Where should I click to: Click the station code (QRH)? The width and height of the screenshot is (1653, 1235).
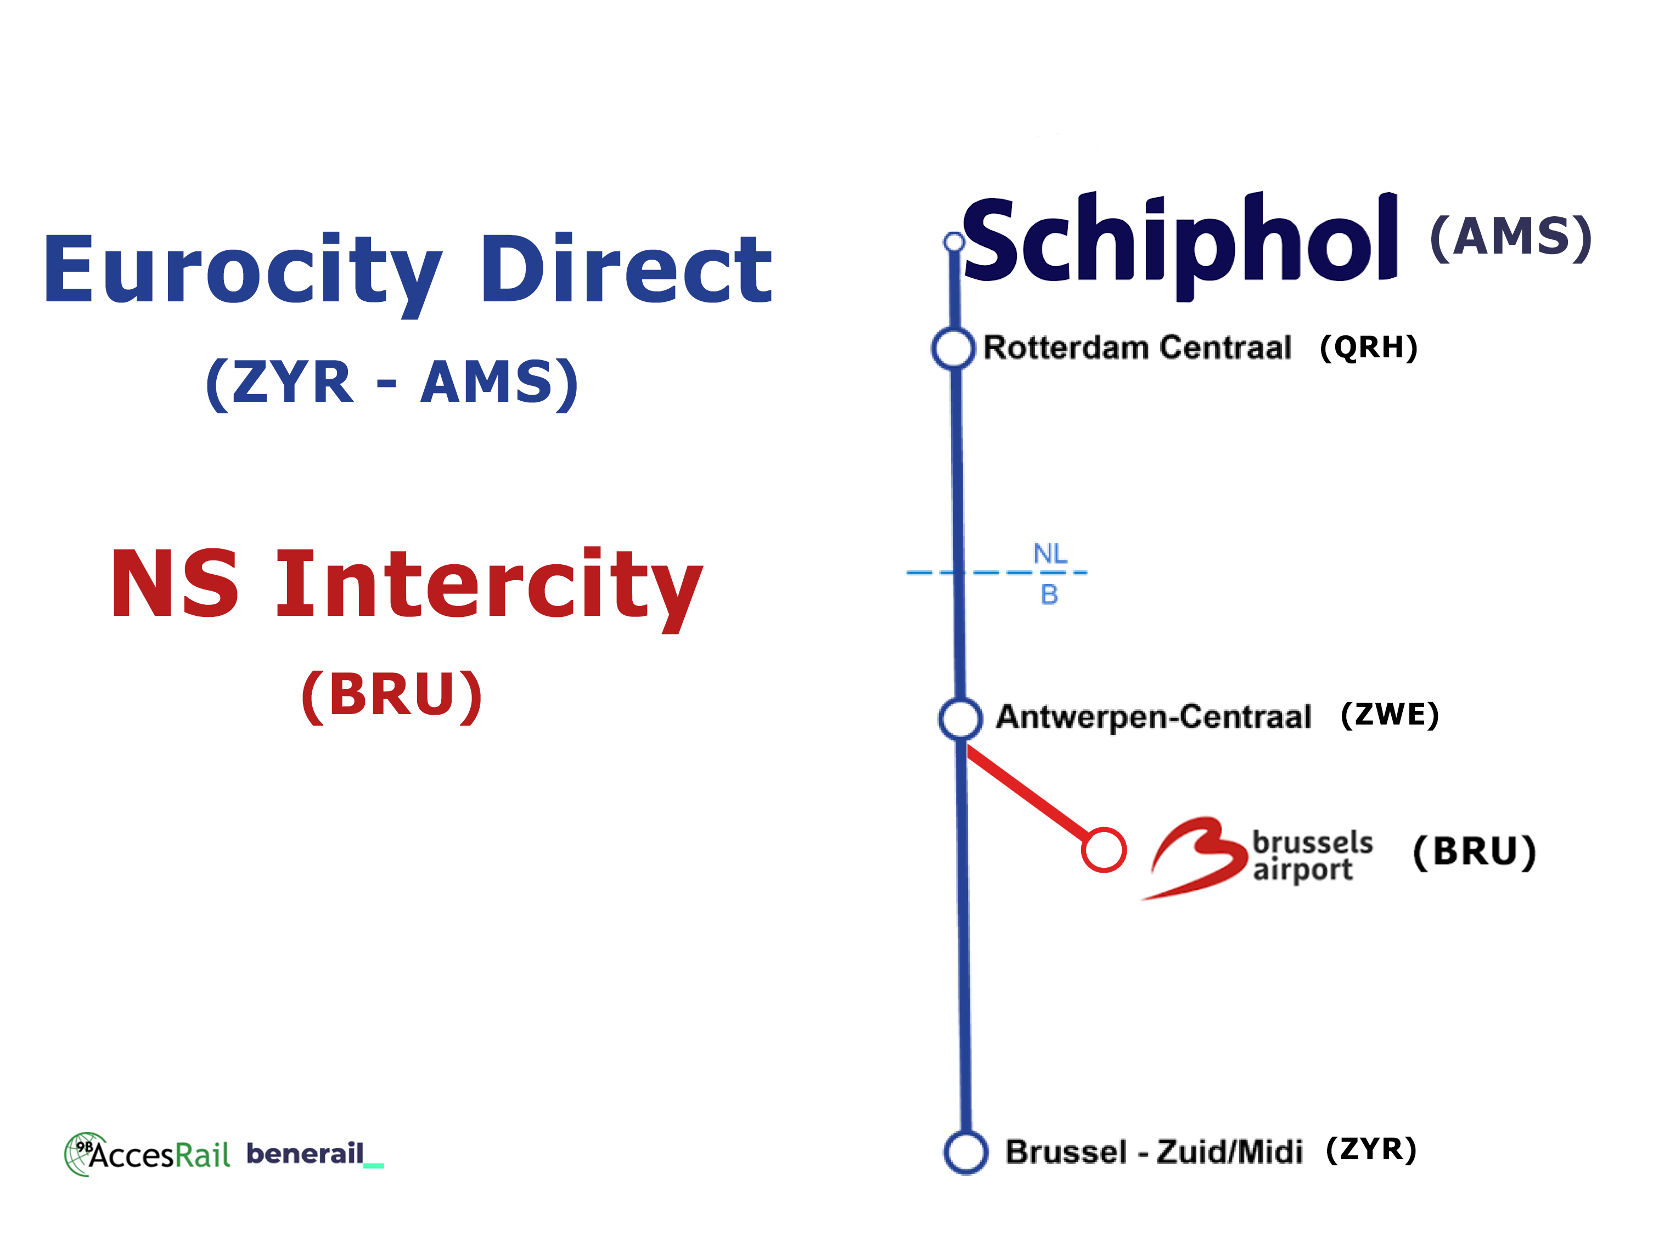1368,347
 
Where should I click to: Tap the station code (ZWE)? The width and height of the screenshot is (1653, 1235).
1389,715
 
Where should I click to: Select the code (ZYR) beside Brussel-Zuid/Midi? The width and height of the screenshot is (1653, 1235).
1370,1150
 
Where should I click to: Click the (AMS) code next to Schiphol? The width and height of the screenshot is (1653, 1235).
1510,238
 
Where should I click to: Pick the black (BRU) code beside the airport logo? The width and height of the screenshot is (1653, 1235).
1474,852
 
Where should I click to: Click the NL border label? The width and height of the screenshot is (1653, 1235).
1050,554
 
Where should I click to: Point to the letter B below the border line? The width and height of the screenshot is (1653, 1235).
1049,595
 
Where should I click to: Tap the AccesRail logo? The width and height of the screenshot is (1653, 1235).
147,1154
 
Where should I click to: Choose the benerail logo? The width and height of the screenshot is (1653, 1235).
314,1154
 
